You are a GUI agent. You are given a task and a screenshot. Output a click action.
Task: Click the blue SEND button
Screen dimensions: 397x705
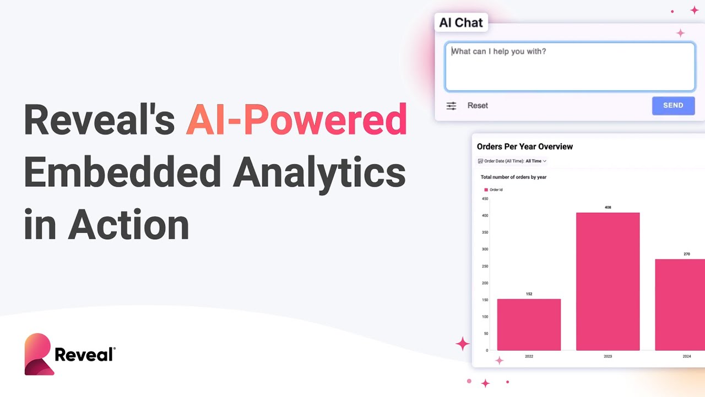673,105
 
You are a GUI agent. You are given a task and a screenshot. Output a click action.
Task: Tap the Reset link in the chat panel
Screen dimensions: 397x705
478,105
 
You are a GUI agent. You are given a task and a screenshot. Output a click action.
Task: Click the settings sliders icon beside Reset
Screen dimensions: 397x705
451,106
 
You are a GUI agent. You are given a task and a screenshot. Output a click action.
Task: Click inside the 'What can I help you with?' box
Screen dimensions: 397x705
570,67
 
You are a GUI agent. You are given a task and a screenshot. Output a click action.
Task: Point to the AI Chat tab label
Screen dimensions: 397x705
461,23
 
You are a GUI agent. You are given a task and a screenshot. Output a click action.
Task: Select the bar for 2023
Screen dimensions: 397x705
608,281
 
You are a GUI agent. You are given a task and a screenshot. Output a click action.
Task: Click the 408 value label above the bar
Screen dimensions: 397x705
608,207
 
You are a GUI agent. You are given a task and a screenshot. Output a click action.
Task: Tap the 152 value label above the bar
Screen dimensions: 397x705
529,294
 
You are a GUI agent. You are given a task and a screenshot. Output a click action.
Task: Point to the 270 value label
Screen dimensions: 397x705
686,254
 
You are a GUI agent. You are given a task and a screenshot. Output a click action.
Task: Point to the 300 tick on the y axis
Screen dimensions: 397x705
485,249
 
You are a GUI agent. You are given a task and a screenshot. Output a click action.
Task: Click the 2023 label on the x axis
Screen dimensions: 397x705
608,357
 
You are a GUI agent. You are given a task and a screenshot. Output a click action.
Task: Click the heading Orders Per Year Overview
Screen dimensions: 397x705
525,147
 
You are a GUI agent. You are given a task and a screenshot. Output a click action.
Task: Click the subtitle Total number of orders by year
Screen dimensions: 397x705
513,177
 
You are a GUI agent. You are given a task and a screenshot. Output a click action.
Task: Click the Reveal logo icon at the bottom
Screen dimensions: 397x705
39,355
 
